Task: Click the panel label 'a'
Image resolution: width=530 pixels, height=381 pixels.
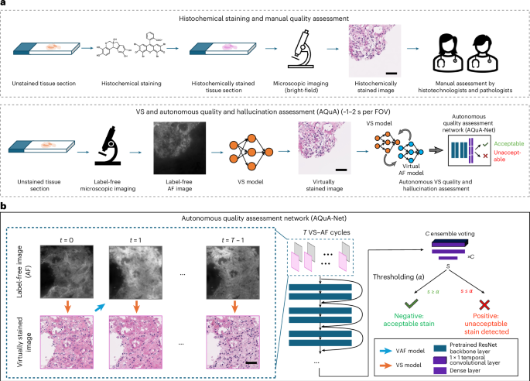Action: tap(4, 5)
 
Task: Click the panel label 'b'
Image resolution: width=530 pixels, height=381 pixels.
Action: tap(4, 207)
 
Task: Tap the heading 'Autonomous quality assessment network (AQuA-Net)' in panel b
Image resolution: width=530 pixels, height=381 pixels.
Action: tap(265, 219)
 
